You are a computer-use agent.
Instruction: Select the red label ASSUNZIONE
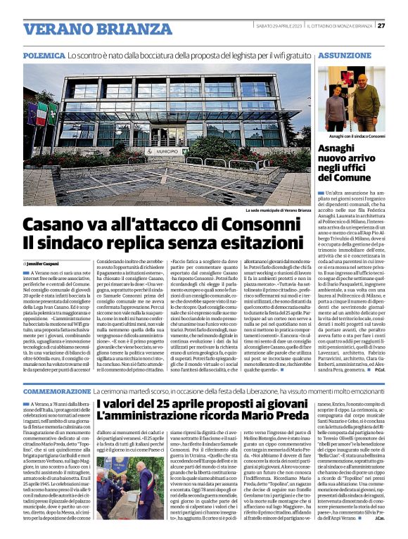(x=343, y=54)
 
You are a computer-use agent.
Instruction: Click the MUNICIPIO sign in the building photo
(x=166, y=171)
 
